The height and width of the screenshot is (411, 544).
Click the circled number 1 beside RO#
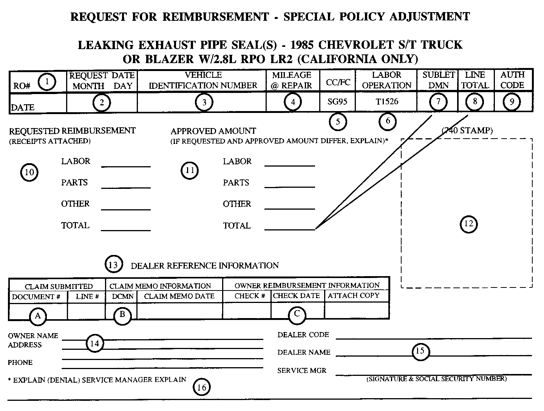click(47, 82)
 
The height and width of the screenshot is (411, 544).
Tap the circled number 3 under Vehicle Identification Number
click(204, 102)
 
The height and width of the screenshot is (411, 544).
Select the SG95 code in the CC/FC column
click(337, 102)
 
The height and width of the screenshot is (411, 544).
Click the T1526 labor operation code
click(386, 102)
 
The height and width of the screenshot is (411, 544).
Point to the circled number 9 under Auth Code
click(512, 102)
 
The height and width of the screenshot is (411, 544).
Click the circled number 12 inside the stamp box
click(468, 224)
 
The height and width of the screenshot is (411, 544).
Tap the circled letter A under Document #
click(38, 316)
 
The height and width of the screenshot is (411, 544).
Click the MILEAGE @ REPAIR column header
click(292, 80)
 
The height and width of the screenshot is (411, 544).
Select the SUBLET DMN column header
click(438, 80)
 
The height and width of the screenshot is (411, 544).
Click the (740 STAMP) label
click(467, 131)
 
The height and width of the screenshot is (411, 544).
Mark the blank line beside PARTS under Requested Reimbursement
click(126, 187)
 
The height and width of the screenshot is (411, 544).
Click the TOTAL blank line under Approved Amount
click(289, 229)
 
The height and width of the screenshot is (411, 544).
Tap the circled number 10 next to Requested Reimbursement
click(29, 172)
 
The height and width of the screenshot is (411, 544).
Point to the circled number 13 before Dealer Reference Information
click(113, 265)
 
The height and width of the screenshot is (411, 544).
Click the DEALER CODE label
click(303, 335)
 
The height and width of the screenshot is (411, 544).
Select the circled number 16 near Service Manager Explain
click(202, 387)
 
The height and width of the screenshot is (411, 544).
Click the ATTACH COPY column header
click(353, 296)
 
